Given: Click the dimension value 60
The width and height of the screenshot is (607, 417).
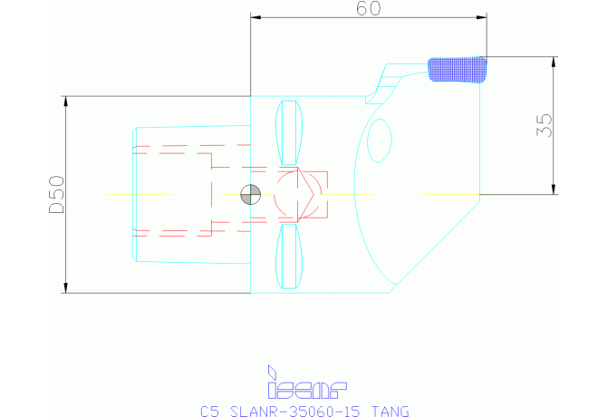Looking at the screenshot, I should coord(369,8).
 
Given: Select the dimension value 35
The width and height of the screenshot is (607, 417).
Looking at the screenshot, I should coord(544,124).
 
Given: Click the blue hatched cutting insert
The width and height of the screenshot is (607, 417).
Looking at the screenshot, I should coord(458,69).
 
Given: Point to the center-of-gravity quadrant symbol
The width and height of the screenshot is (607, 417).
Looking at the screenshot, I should coord(249,194).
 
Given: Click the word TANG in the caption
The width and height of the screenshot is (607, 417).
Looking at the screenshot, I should coord(390,411).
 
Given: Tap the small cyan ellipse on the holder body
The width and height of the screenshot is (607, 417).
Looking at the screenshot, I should coord(380,142).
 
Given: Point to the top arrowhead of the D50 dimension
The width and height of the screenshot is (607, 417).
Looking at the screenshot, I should coord(66,101).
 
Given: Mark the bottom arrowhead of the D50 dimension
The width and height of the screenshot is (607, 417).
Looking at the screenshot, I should coord(66,288).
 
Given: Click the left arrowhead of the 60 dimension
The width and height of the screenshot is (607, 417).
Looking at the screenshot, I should coord(255,16).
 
